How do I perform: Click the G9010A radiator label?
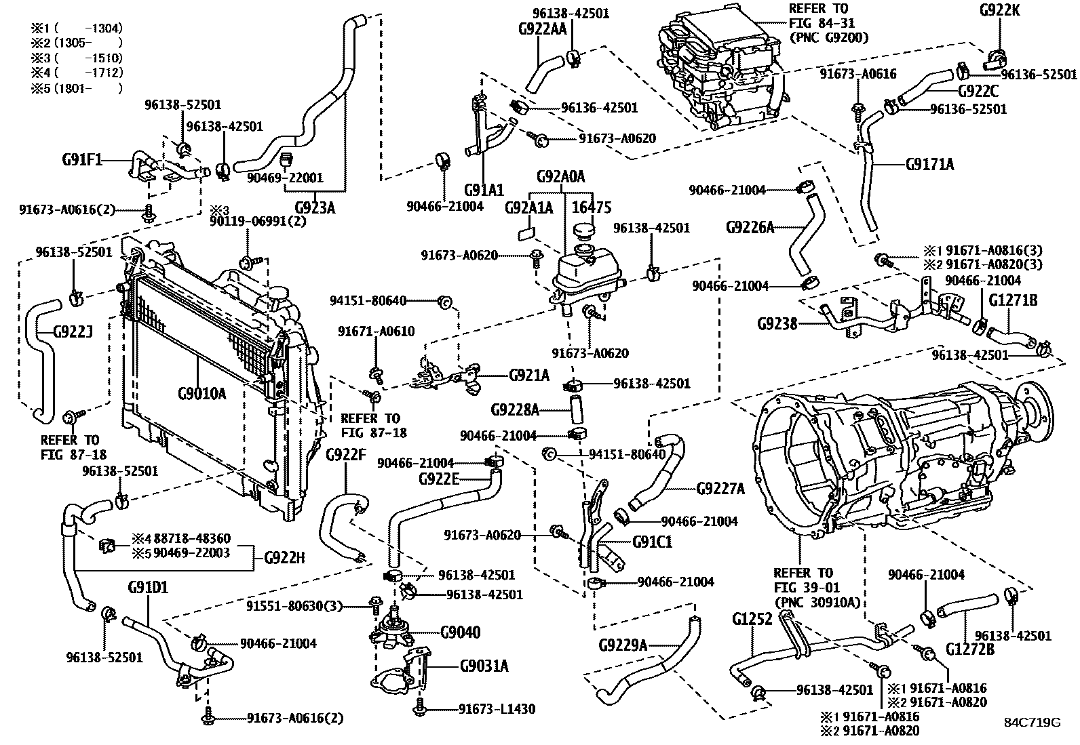coord(201,392)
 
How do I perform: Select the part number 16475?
coord(593,207)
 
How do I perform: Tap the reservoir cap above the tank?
coord(583,233)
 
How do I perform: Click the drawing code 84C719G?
coord(1032,722)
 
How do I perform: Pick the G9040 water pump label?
coord(460,632)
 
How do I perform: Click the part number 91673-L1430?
coord(497,709)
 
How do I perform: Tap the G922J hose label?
coord(73,332)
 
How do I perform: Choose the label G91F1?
coord(81,160)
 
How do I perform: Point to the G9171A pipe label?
coord(929,163)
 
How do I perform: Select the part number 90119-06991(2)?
coord(258,221)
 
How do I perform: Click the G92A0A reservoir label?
coord(560,178)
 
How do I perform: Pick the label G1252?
coord(752,619)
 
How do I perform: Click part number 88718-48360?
coord(191,539)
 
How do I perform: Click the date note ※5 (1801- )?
coord(76,88)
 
